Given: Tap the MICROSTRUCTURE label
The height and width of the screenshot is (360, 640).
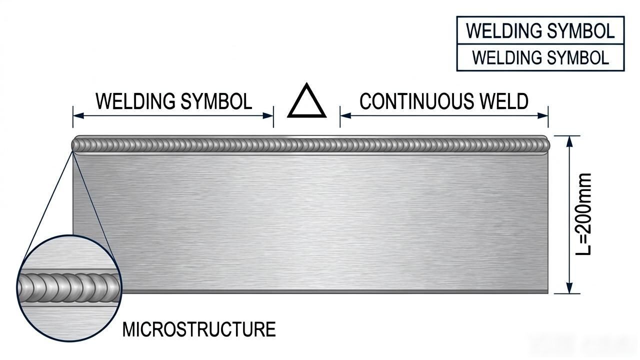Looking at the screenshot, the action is point(199,329).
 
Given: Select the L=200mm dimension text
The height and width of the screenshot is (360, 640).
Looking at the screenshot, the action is point(583,214).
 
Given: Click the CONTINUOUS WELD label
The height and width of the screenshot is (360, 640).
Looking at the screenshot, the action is point(444,101).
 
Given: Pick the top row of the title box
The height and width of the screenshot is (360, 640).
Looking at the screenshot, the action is point(540,30).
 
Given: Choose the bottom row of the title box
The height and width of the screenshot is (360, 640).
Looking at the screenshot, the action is point(540,57).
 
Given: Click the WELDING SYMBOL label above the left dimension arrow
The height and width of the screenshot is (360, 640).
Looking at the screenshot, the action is point(174,101).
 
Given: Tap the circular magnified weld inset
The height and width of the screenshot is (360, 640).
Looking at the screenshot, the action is point(69,288).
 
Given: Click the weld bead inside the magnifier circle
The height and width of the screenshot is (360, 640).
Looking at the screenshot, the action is point(69,288).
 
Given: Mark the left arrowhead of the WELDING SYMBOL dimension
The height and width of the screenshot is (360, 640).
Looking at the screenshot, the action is point(78,115).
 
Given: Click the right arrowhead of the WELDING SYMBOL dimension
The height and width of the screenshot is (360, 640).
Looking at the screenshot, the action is point(268,115).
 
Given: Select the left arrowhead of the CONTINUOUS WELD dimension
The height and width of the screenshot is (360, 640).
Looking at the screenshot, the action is point(345,115).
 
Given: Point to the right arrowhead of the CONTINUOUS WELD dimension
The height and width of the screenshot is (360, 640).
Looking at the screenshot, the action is point(543,115).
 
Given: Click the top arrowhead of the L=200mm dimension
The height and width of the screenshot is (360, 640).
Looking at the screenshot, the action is point(569,141).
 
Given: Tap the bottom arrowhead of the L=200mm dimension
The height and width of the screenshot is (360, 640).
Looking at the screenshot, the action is point(569,288).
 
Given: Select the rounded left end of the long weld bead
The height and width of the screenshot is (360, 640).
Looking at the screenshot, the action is point(76,145).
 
